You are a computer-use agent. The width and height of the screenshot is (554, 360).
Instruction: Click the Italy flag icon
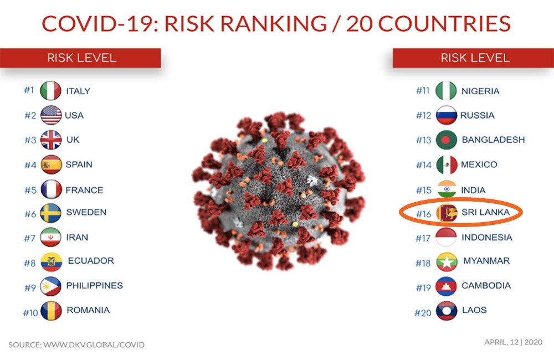point(50,91)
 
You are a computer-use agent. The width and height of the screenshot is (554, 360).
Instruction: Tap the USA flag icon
point(51,115)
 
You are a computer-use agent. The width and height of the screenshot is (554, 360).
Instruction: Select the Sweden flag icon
point(50,213)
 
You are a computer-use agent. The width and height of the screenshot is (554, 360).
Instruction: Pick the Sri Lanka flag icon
point(447,213)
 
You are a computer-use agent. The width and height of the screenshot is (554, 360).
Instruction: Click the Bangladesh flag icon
point(447,140)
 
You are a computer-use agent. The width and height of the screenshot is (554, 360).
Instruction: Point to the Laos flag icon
point(447,311)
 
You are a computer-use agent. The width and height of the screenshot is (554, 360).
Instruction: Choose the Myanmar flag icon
point(447,262)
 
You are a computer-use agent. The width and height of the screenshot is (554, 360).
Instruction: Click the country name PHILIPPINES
point(94,285)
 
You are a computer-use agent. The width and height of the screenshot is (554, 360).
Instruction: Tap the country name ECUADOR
point(91,261)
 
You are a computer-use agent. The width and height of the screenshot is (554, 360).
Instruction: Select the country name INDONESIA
point(487,238)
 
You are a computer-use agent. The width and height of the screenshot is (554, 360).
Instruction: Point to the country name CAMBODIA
point(486,285)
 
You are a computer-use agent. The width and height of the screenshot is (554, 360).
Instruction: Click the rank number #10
point(30,313)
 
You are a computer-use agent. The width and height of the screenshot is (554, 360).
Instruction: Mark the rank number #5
point(30,191)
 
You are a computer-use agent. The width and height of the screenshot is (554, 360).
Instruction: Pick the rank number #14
point(424,165)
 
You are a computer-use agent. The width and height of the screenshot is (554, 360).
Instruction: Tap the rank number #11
point(423,91)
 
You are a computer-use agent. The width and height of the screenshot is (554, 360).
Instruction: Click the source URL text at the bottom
point(76,345)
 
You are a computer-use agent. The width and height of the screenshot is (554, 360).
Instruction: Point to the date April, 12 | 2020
point(514,342)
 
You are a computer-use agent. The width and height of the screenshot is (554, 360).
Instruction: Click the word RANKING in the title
point(274,24)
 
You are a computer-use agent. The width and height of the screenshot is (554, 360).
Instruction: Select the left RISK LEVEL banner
point(80,58)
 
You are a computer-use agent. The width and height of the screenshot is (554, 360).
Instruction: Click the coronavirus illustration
point(279,191)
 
